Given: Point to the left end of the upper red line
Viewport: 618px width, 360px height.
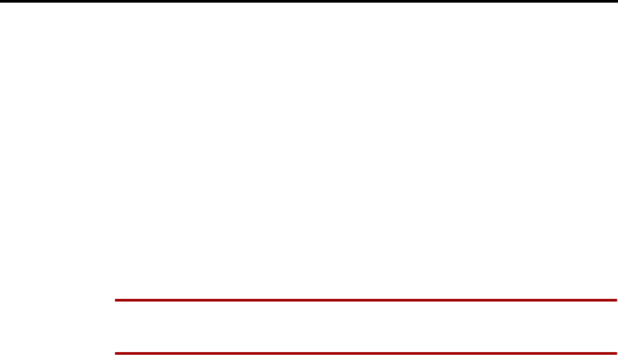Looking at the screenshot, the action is pos(116,300).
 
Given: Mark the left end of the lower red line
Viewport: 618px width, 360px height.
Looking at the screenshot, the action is pos(116,353).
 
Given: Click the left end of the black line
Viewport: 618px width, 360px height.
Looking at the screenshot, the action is pos(1,1).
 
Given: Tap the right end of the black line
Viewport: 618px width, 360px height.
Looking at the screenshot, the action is pos(616,1).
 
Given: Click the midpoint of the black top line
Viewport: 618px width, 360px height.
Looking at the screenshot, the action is pos(309,1).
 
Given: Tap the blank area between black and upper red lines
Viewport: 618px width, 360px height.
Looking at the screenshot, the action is pos(309,151).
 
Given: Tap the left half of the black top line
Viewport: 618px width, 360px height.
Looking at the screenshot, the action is pos(154,1).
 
